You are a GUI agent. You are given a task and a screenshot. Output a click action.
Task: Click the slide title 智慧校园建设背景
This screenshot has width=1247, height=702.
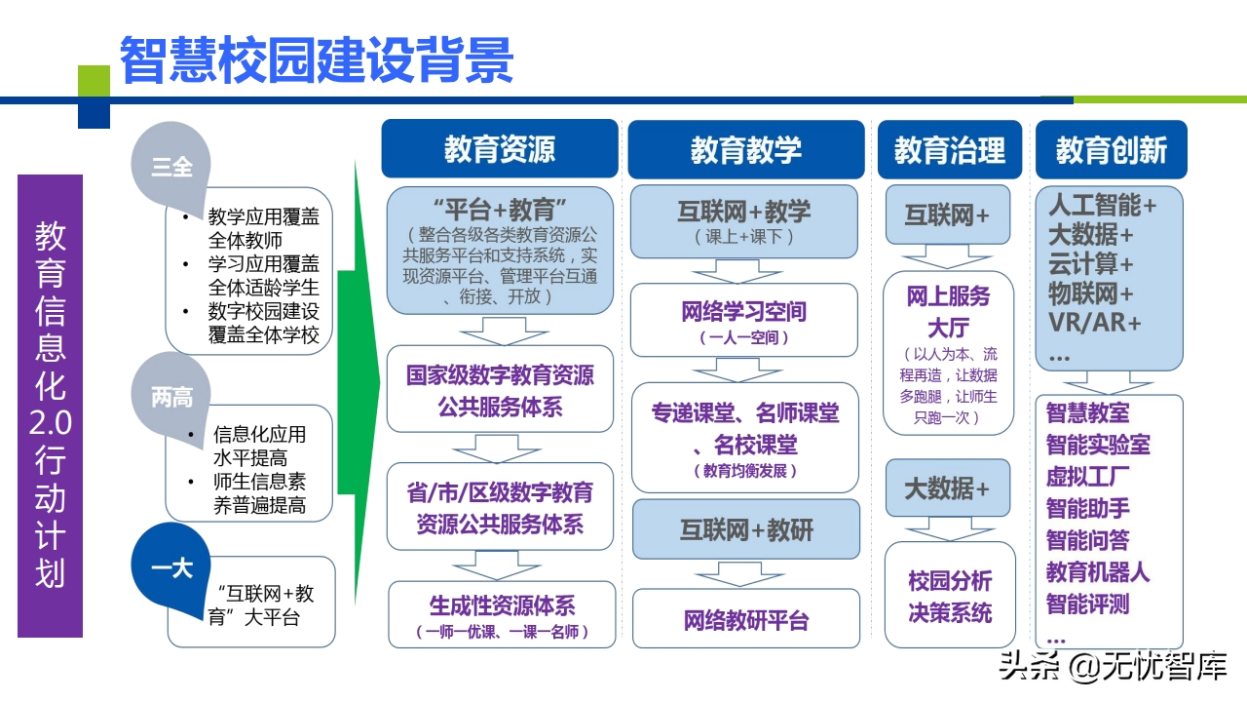pos(317,60)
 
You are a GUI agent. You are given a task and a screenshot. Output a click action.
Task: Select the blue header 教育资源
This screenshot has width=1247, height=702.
pos(500,149)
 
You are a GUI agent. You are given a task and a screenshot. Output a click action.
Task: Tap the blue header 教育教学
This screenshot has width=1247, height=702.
pos(745,149)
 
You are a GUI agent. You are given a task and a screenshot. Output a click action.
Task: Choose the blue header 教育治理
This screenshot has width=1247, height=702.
pos(949,149)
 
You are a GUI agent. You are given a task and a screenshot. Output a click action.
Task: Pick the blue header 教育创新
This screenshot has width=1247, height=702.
pos(1111,149)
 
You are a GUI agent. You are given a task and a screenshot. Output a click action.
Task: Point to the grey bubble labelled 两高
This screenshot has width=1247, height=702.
pos(171,397)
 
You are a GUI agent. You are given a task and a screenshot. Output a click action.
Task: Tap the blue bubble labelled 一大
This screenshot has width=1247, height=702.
pos(171,567)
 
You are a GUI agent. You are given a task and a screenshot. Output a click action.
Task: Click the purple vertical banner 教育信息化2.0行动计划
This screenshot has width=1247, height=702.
pos(50,406)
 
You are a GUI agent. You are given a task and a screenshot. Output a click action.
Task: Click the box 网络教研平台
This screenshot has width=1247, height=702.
pos(746,619)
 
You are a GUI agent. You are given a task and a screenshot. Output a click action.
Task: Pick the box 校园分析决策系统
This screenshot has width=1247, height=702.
pos(950,597)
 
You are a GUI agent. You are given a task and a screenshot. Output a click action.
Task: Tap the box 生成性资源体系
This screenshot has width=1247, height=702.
pos(502,614)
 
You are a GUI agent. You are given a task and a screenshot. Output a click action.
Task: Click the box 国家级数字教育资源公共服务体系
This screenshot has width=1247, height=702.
pos(501,390)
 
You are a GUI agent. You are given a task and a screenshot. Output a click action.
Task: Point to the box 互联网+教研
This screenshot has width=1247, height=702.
pos(746,530)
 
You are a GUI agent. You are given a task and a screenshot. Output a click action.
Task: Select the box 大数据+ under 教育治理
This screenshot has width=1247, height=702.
pos(947,488)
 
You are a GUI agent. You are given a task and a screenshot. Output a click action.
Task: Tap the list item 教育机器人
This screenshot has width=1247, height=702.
pos(1097,571)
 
